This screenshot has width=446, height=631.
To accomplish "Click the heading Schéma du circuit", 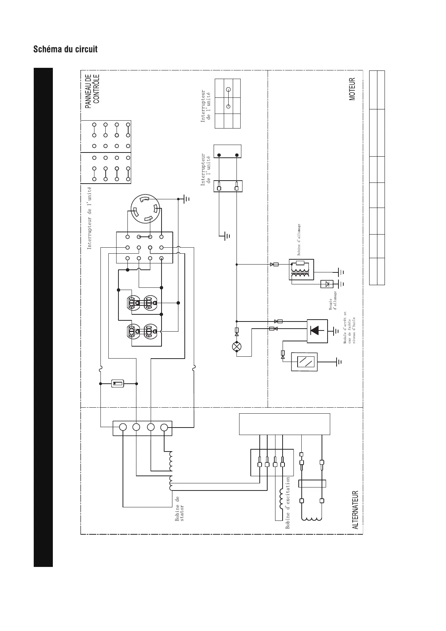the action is (65, 49).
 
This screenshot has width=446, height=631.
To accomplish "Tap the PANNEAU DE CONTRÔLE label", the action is (92, 91).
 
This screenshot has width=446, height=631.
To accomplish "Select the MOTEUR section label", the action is (352, 89).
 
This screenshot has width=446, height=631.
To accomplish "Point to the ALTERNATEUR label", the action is (356, 510).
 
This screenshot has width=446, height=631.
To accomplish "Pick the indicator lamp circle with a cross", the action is (236, 346).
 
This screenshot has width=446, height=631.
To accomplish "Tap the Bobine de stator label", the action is (180, 508).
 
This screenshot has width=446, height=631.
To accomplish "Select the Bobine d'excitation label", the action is (288, 502).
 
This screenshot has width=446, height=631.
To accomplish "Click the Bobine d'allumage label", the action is (299, 240).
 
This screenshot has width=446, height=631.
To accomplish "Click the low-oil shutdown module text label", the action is (349, 327).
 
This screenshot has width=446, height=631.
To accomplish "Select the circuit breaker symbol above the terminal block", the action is (118, 383).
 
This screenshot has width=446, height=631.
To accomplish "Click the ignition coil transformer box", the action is (301, 269).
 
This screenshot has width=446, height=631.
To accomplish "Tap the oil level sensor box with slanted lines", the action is (304, 362).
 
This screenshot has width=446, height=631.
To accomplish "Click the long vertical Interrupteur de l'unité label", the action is (90, 218).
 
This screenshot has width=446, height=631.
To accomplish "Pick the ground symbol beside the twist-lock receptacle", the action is (187, 199).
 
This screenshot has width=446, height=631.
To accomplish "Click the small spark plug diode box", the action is (327, 284).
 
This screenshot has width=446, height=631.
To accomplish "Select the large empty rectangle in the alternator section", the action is (284, 424).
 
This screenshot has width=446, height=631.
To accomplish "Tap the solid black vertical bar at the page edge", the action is (43, 317).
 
